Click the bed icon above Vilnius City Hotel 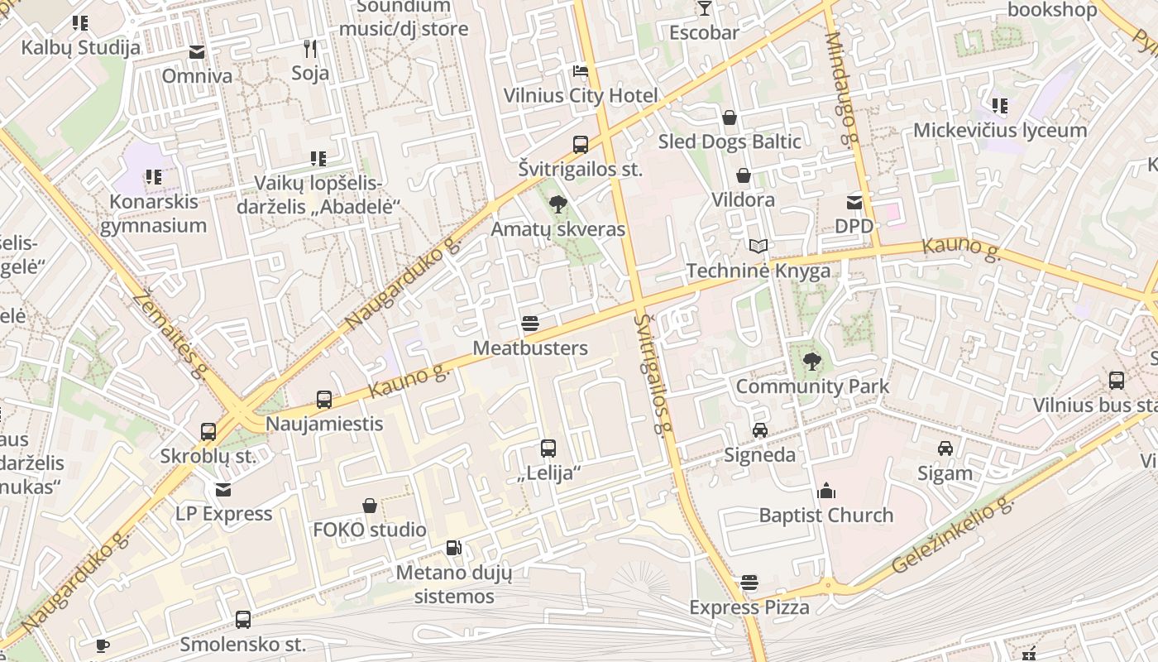[581, 70]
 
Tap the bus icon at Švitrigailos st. [581, 145]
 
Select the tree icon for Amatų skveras [558, 204]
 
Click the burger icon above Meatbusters [530, 324]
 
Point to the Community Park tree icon [812, 361]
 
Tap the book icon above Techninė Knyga [758, 246]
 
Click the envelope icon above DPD [854, 202]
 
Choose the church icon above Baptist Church [826, 491]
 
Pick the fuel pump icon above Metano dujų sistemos [453, 548]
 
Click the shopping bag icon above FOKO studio [370, 506]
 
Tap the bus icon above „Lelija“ [548, 449]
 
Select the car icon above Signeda [759, 430]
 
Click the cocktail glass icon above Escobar [704, 9]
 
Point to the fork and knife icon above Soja [310, 49]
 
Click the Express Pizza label [749, 608]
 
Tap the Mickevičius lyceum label [1000, 130]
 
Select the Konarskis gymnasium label [153, 213]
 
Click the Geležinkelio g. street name [953, 537]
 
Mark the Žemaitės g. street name [167, 333]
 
